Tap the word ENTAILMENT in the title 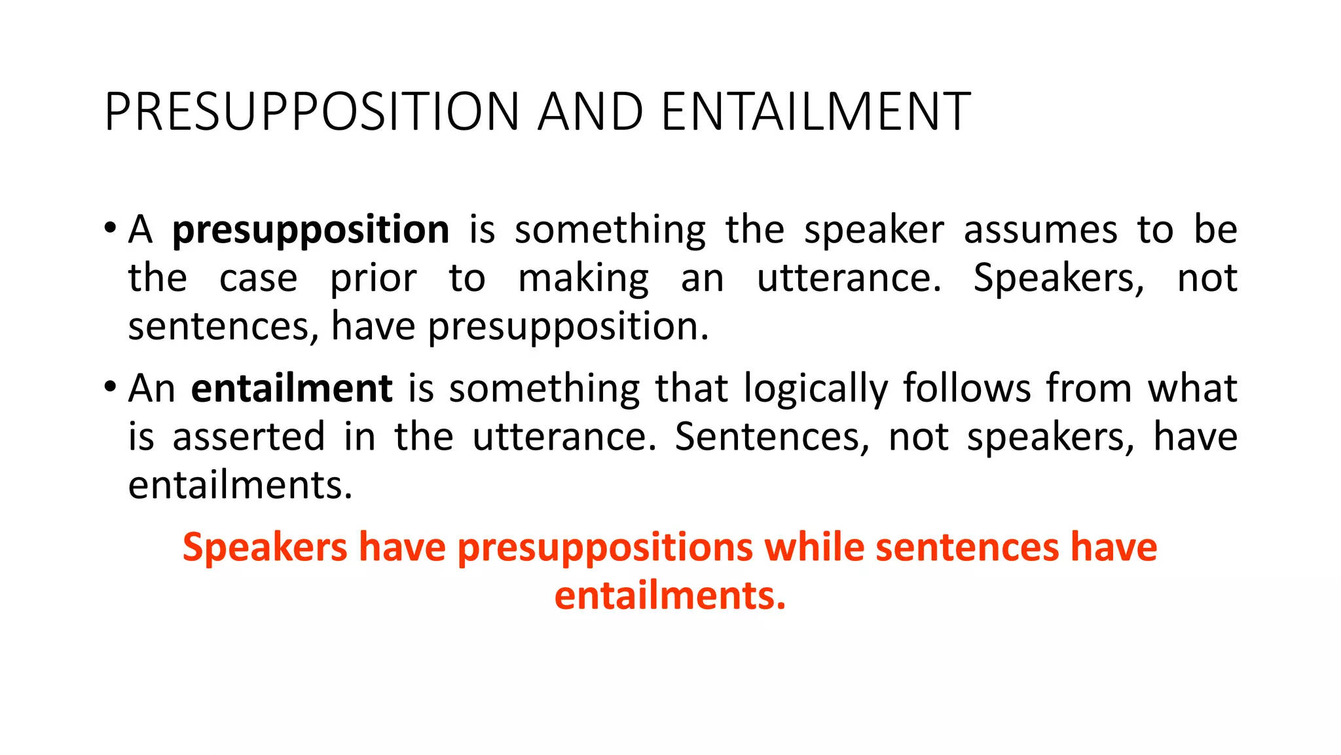click(816, 112)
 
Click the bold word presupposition click(310, 231)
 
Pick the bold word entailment click(291, 389)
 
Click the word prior click(373, 279)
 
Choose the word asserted click(249, 437)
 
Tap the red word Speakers click(265, 548)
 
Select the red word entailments click(669, 596)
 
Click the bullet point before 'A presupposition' click(110, 229)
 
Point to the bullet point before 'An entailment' click(110, 386)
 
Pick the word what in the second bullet click(1192, 389)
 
